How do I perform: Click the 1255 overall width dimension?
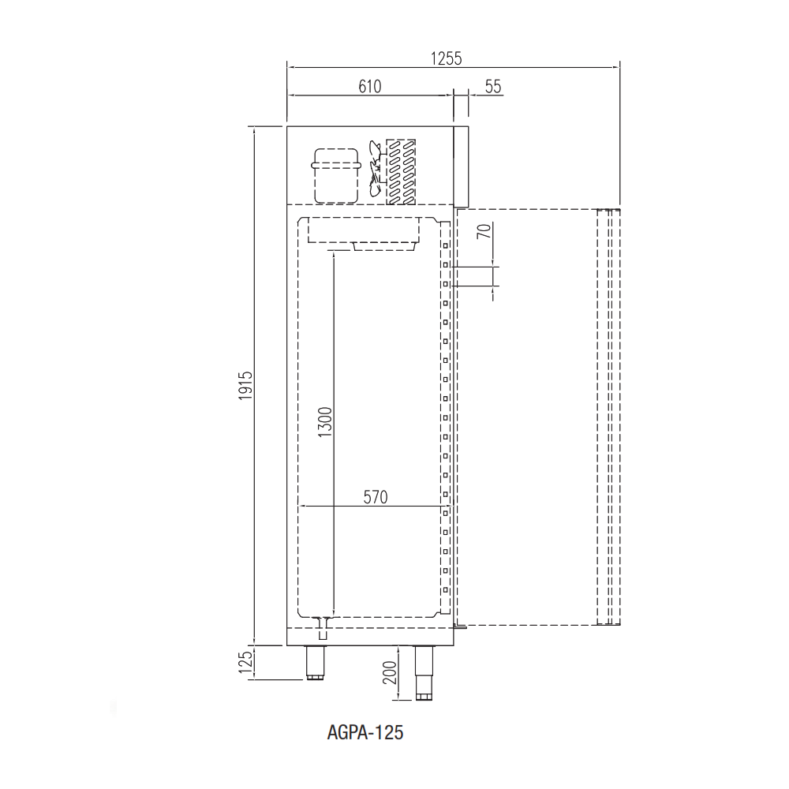pos(446,59)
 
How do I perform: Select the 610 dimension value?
pos(370,87)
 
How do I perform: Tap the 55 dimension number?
pos(493,87)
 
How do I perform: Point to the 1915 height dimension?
pos(245,386)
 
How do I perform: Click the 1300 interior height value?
pos(326,421)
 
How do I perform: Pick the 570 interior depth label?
pos(376,497)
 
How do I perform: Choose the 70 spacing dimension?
pos(484,231)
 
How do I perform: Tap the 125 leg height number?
pos(245,662)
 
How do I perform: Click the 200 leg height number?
pos(390,672)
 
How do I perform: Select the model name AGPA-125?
pos(365,733)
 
